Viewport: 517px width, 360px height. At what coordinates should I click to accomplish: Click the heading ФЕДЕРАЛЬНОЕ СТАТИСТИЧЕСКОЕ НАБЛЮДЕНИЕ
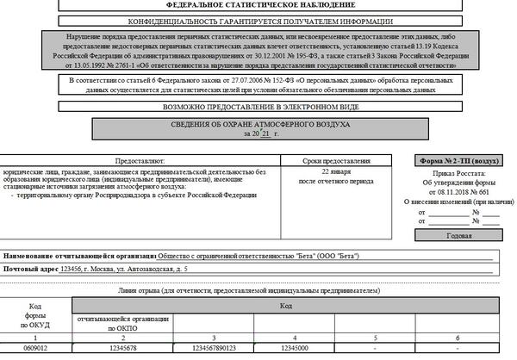click(258, 4)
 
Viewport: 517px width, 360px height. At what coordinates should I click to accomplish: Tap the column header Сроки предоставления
click(342, 161)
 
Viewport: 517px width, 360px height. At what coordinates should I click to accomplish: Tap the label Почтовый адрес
click(32, 270)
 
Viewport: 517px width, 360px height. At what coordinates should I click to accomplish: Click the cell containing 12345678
click(126, 349)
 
